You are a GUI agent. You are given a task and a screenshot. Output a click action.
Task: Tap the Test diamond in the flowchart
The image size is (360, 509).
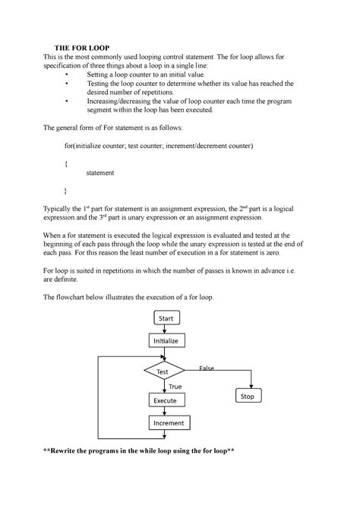pos(164,371)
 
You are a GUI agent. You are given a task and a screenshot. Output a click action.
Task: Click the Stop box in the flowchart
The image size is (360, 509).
pos(247,397)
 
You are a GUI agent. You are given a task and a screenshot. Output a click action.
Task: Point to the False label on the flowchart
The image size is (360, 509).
pos(206,368)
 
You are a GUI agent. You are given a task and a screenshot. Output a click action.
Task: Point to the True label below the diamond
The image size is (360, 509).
pos(175,387)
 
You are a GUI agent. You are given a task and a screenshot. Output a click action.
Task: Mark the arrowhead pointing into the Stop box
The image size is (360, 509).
pos(247,387)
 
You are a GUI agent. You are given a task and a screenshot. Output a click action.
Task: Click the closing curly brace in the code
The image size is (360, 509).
pos(68,190)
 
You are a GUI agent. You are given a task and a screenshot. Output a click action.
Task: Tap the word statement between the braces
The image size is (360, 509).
pos(100,173)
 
